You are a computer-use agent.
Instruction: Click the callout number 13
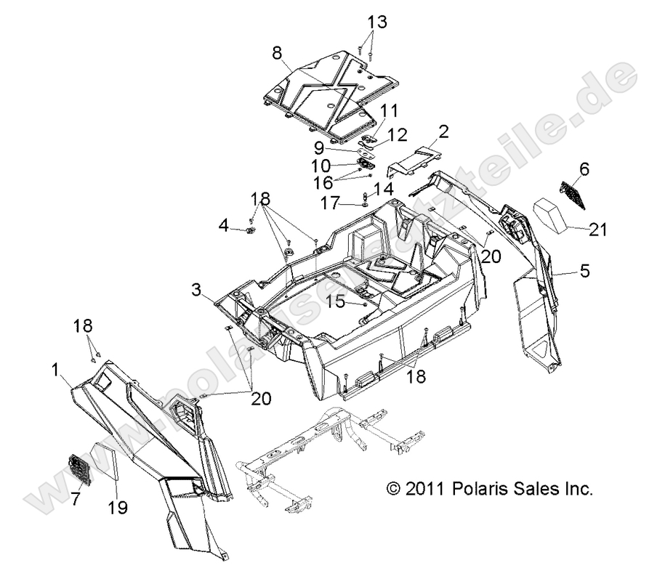click(377, 22)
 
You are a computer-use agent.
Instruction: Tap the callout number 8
click(276, 54)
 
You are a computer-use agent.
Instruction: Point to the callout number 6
click(584, 169)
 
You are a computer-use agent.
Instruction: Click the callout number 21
click(598, 230)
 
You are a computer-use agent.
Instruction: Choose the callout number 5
click(585, 270)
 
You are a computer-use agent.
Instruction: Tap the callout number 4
click(224, 226)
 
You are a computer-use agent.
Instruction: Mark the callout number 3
click(196, 291)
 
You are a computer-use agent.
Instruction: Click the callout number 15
click(336, 301)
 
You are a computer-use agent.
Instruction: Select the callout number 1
click(55, 370)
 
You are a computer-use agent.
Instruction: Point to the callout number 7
click(76, 499)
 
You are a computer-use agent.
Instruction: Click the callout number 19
click(118, 508)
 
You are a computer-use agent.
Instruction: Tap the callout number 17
click(331, 203)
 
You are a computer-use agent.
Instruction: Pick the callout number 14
click(384, 189)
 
